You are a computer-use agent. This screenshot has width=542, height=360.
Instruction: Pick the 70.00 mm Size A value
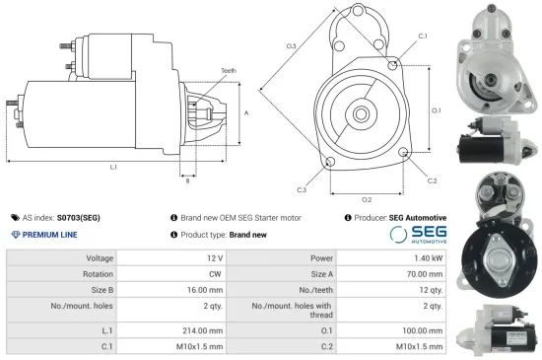tap(422, 274)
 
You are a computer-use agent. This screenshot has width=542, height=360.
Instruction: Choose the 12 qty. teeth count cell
tap(429, 292)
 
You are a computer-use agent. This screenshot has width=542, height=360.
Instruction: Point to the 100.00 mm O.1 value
tap(421, 330)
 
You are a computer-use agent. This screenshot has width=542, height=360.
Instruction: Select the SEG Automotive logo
tap(418, 235)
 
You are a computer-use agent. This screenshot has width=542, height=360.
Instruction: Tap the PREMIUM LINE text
tap(49, 235)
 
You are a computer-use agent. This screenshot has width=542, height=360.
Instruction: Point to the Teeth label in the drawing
tap(229, 71)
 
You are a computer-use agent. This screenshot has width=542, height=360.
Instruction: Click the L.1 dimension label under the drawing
tap(114, 167)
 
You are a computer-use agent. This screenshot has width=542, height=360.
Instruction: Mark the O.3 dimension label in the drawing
tap(291, 46)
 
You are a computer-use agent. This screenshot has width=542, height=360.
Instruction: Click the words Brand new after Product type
tap(247, 235)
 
